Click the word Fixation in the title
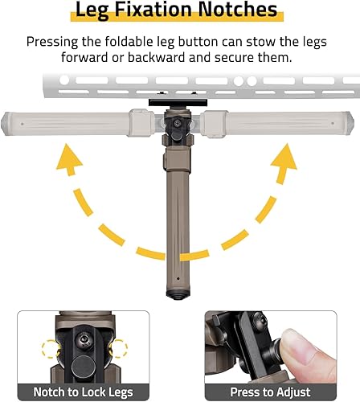click(x=163, y=11)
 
